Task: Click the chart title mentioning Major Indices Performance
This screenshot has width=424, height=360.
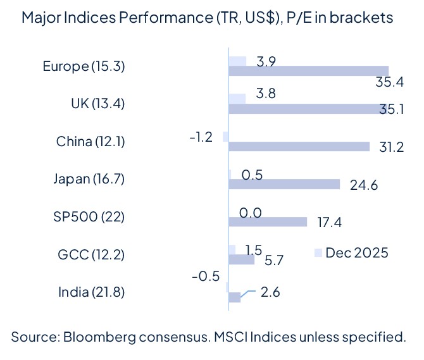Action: click(206, 17)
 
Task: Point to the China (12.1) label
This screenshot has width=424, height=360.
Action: click(90, 141)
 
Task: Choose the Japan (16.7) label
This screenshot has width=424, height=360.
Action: click(89, 179)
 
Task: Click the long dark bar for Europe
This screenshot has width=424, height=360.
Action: click(308, 71)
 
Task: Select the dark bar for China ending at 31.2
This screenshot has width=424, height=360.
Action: click(299, 146)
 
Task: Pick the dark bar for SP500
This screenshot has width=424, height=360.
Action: click(268, 222)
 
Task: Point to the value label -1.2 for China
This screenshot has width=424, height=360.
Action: click(201, 137)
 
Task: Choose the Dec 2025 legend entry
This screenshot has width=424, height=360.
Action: click(351, 252)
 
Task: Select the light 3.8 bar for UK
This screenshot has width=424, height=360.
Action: click(237, 99)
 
